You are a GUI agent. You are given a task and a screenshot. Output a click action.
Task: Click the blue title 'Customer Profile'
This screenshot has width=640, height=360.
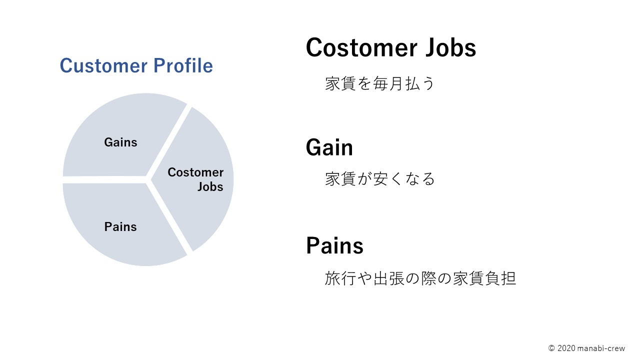pyautogui.click(x=136, y=65)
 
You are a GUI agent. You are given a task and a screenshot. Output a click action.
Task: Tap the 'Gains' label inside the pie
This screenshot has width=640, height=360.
pyautogui.click(x=120, y=142)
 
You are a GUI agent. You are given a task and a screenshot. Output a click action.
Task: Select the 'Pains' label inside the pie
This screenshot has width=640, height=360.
pyautogui.click(x=120, y=227)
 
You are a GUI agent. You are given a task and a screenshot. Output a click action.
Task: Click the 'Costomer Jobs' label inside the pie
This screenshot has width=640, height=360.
pyautogui.click(x=195, y=179)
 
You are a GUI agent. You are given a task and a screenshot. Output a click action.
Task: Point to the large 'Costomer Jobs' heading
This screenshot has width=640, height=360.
pyautogui.click(x=391, y=47)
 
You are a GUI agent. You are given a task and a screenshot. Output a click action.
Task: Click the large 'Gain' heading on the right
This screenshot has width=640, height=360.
pyautogui.click(x=329, y=147)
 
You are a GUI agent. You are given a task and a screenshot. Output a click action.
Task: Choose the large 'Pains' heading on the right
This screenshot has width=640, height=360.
pyautogui.click(x=334, y=245)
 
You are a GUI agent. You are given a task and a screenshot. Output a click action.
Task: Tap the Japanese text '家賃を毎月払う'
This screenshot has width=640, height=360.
pyautogui.click(x=379, y=83)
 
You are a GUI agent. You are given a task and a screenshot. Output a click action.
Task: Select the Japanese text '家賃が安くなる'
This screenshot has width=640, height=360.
pyautogui.click(x=379, y=179)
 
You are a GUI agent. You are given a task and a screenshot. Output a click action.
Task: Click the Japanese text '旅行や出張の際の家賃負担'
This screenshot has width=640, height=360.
pyautogui.click(x=420, y=278)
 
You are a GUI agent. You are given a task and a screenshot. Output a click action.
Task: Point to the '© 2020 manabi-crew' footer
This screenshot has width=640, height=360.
pyautogui.click(x=587, y=348)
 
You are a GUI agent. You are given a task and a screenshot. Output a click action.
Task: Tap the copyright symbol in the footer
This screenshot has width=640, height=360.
pyautogui.click(x=551, y=348)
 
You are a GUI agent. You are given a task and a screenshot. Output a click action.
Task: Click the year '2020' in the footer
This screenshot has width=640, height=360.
pyautogui.click(x=566, y=348)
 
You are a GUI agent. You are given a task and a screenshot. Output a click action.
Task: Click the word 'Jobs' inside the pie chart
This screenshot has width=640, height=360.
pyautogui.click(x=210, y=187)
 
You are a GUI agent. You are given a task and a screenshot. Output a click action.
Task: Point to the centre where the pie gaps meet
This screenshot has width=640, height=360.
pyautogui.click(x=147, y=179)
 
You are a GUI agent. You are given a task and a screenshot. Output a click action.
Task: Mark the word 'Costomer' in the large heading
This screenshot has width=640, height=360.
pyautogui.click(x=361, y=47)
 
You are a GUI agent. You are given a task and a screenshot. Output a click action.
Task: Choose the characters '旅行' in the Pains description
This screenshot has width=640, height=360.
pyautogui.click(x=340, y=278)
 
